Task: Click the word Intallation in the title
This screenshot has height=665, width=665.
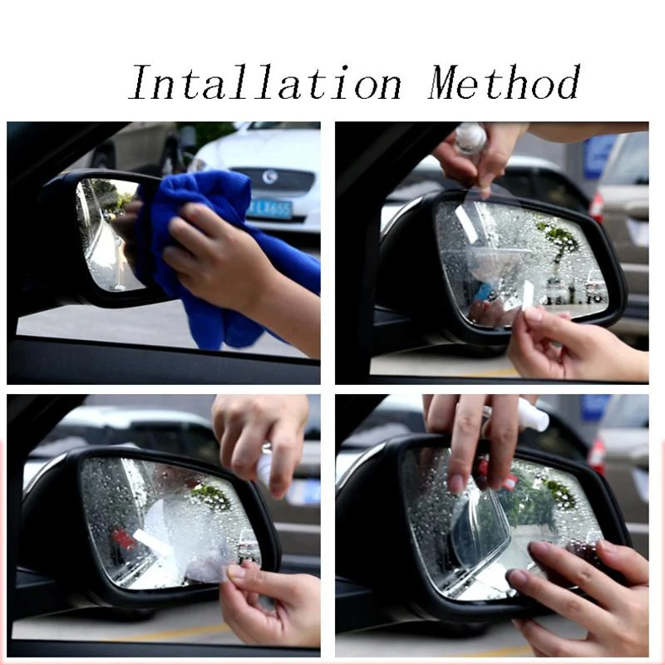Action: point(265,82)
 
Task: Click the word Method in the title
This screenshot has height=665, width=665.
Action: point(504,82)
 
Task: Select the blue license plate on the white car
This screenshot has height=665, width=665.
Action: point(268,209)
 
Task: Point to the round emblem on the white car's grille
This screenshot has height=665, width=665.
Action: point(269,176)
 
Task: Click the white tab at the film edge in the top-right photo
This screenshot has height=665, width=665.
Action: point(527,296)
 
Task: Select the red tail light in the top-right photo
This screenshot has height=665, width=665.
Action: point(597,208)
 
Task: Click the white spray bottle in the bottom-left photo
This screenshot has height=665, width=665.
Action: point(265,466)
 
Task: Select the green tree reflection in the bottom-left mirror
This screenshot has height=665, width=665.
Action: point(211,496)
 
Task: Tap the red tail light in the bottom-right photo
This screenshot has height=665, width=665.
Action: point(597,456)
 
